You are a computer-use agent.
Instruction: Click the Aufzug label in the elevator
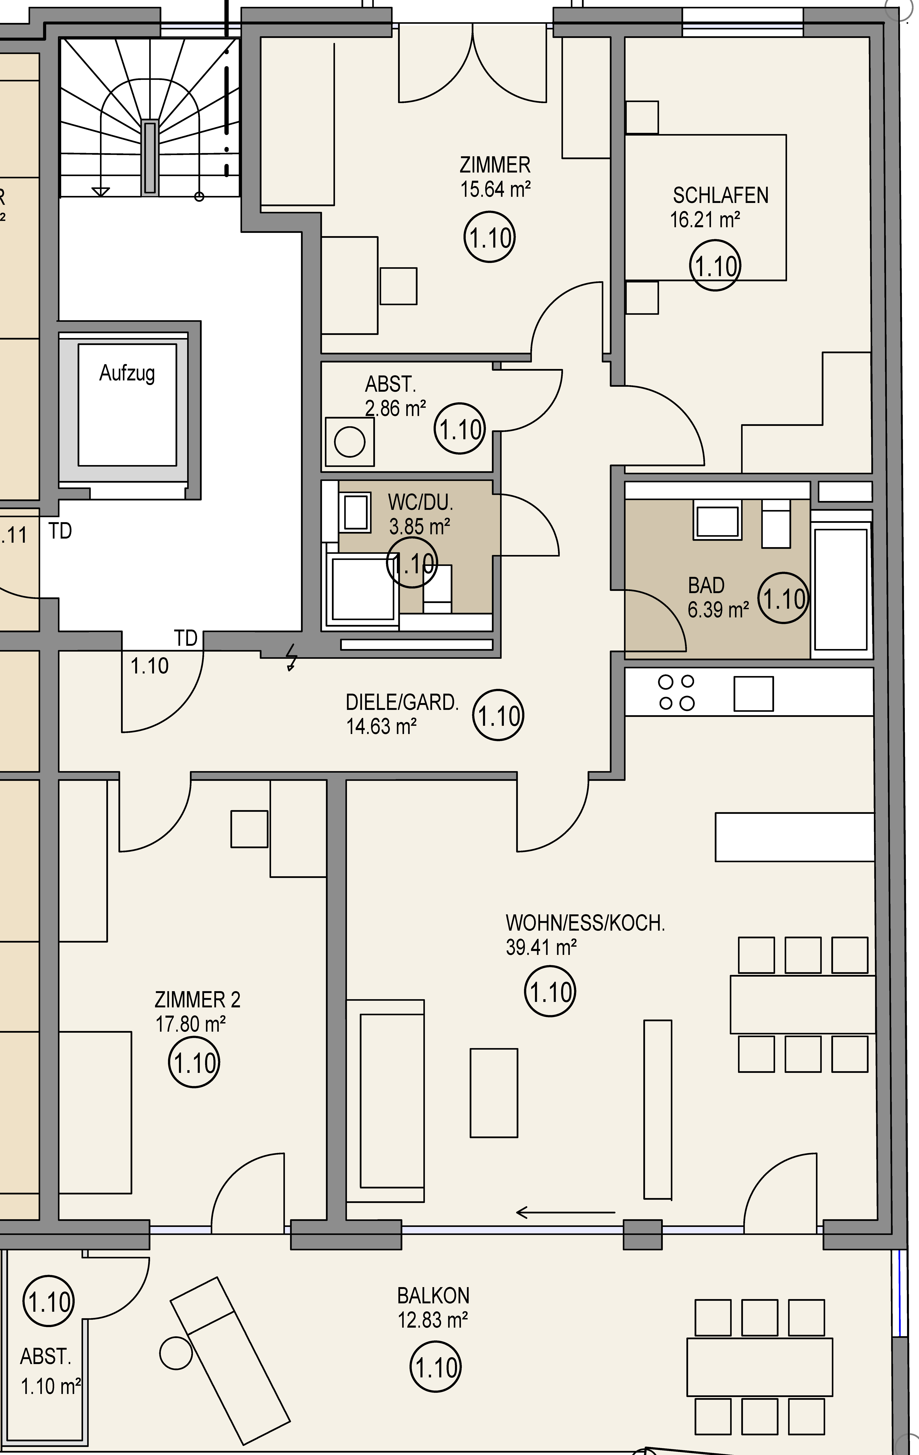pyautogui.click(x=127, y=373)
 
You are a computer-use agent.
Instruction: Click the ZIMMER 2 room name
pyautogui.click(x=198, y=1000)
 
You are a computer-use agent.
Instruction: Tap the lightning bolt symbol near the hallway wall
pyautogui.click(x=292, y=657)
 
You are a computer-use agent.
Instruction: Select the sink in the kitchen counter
pyautogui.click(x=753, y=694)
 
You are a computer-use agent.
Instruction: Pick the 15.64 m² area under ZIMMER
pyautogui.click(x=495, y=189)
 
